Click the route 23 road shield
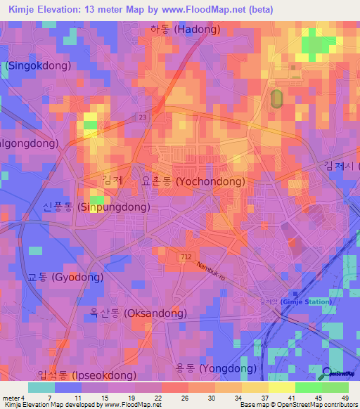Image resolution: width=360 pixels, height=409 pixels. pos(142,117)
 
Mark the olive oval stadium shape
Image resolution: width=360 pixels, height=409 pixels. pos(276,98)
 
